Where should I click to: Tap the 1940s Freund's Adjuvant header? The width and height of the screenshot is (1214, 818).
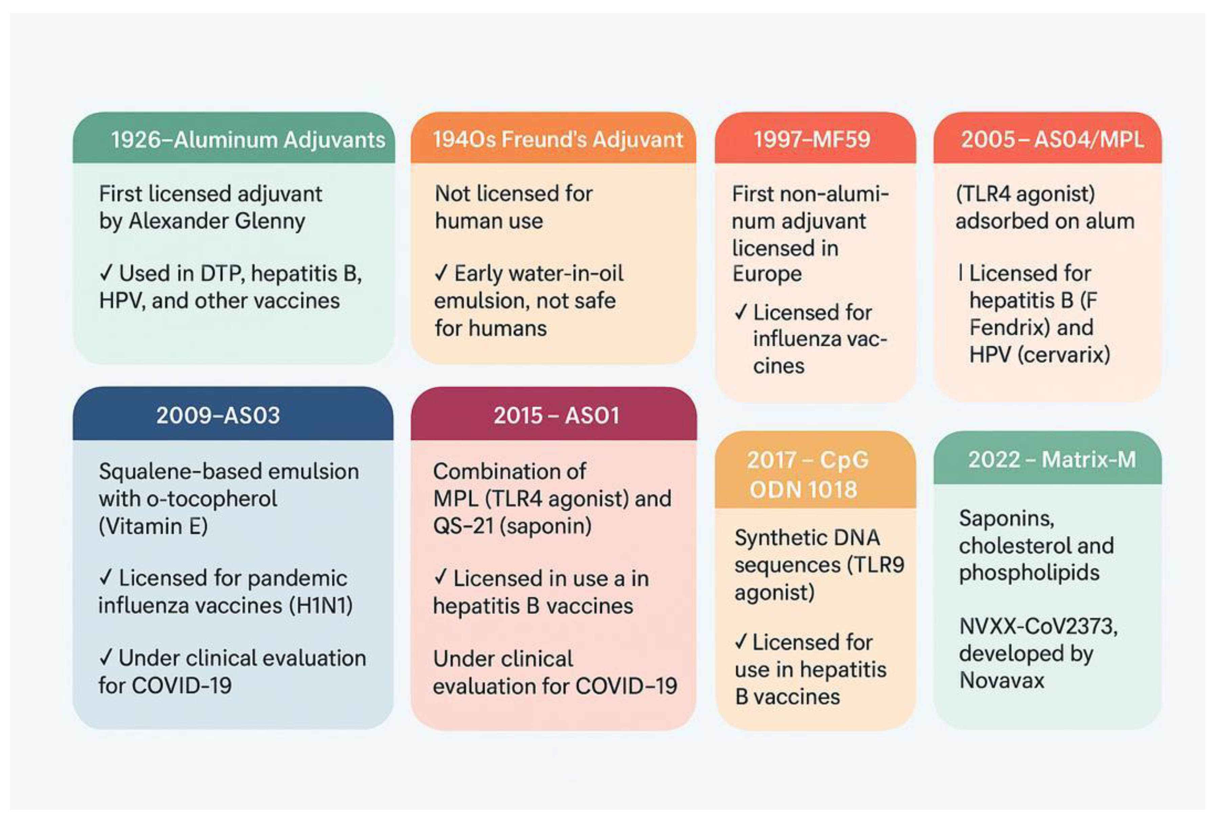click(x=557, y=139)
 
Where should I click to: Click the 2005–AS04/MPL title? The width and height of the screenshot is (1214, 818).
click(x=1052, y=139)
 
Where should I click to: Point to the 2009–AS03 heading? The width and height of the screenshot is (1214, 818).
click(x=218, y=415)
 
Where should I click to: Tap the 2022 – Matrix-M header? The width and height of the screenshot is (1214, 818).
click(x=1051, y=460)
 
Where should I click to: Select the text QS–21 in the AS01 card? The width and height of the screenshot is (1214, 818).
click(x=462, y=526)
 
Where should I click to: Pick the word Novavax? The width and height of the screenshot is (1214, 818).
click(x=1001, y=680)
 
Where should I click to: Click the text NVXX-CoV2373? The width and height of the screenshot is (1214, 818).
click(x=1038, y=626)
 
